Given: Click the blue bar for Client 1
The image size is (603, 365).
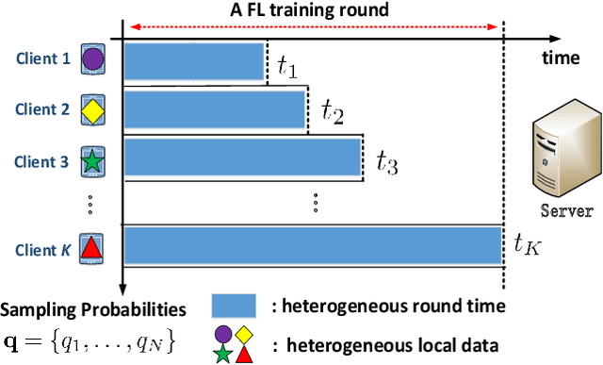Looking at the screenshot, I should pos(194,61).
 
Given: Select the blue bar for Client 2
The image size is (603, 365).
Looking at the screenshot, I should pos(215,109).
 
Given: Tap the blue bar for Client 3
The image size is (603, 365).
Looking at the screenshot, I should pos(243,158).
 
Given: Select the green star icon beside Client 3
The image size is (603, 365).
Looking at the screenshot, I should pos(92,160).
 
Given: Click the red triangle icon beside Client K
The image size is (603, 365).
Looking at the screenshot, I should pos(92,249).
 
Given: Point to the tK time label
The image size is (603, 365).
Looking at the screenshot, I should pos(528,246).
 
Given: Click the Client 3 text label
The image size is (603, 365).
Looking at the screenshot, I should pos(41,161).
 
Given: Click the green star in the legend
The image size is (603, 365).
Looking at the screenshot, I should pos(223,353).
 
